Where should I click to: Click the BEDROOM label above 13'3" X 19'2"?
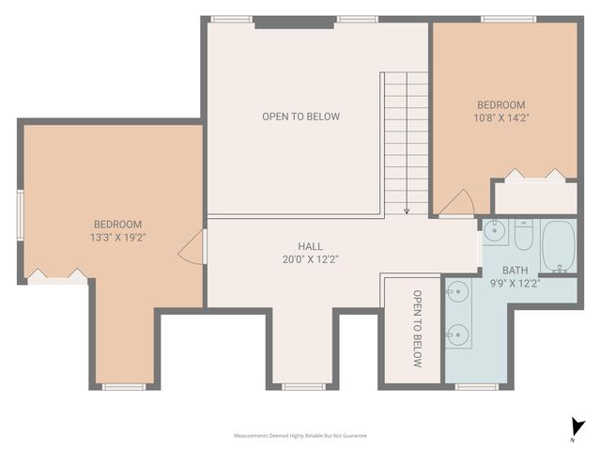117,224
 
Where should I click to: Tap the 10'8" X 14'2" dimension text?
501,117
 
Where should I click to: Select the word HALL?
298,246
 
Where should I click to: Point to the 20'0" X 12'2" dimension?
298,259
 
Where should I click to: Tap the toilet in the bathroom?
523,233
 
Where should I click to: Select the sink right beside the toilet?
495,231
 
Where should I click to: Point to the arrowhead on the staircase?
407,211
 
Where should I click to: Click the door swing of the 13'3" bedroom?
193,246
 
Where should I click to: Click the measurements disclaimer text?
300,436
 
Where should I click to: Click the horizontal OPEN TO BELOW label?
300,117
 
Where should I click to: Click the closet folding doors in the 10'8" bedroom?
534,175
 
